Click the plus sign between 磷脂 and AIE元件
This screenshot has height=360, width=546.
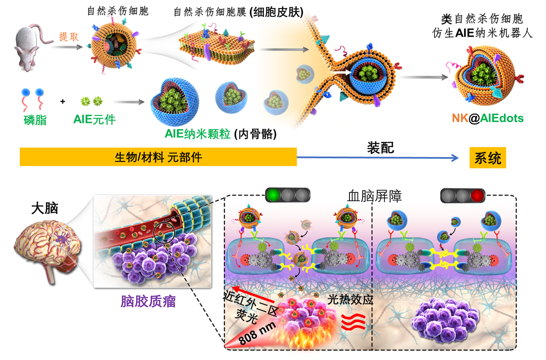tap(63, 101)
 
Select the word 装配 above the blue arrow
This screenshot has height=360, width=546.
tap(380, 148)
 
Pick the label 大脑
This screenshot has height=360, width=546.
tap(43, 207)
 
